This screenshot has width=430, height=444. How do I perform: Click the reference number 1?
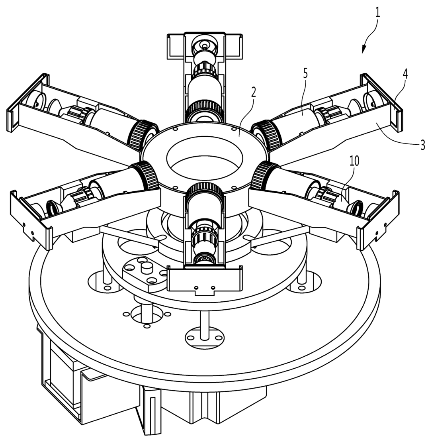click(x=377, y=12)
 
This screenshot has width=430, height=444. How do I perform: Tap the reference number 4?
click(x=405, y=74)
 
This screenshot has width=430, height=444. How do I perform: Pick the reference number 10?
click(x=354, y=161)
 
